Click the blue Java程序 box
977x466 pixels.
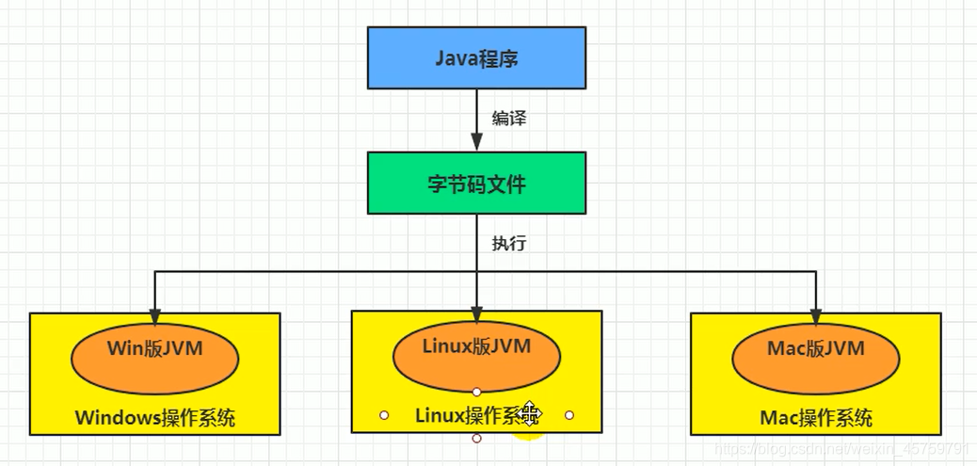[x=476, y=58]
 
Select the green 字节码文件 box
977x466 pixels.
[x=476, y=185]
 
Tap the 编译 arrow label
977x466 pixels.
[x=509, y=119]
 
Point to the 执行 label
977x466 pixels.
[x=509, y=243]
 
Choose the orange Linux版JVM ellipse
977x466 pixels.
[x=476, y=348]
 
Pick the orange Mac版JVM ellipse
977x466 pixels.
[x=816, y=351]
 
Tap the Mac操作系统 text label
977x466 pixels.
[x=816, y=418]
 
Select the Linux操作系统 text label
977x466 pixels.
[x=471, y=415]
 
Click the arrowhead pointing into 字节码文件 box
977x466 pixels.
[x=476, y=142]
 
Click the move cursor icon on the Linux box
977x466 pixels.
[x=530, y=413]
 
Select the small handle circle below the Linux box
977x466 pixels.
[x=476, y=439]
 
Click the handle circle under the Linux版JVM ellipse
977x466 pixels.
[x=476, y=392]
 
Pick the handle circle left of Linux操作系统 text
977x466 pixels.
[x=384, y=414]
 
